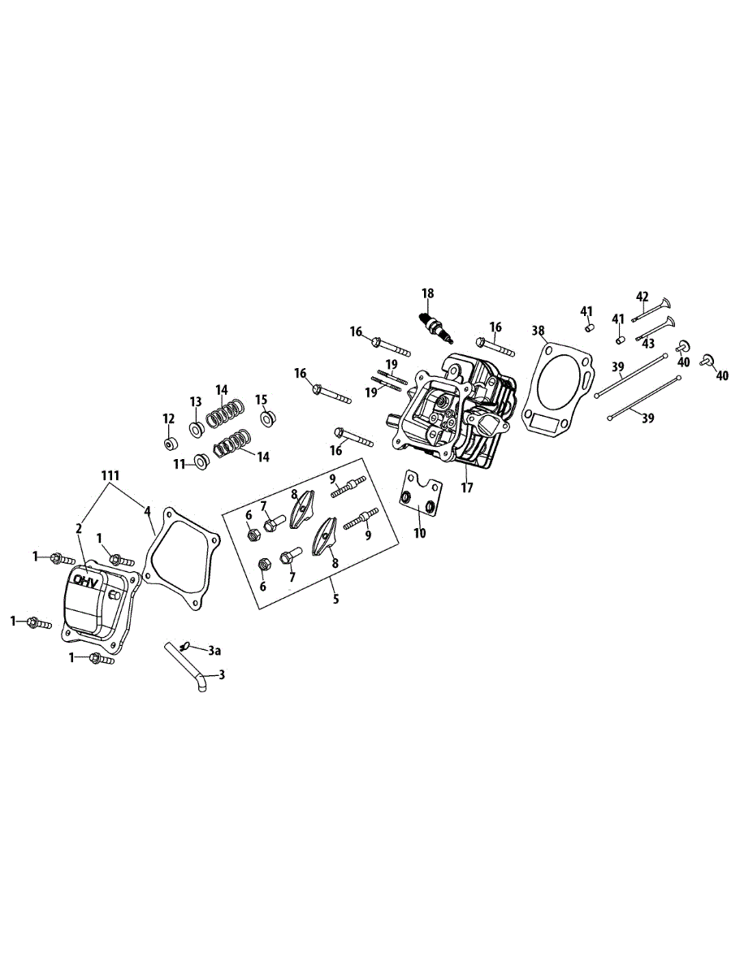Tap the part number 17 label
pos(465,488)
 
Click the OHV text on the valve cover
pos(85,581)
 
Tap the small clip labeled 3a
pos(186,647)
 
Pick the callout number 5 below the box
pos(335,599)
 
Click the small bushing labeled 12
pos(169,444)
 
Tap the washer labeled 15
pos(266,418)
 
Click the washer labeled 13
pos(197,427)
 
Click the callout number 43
pos(648,344)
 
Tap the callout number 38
pos(538,331)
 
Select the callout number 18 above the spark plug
pos(428,292)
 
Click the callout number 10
pos(419,533)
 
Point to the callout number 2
pos(79,528)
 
